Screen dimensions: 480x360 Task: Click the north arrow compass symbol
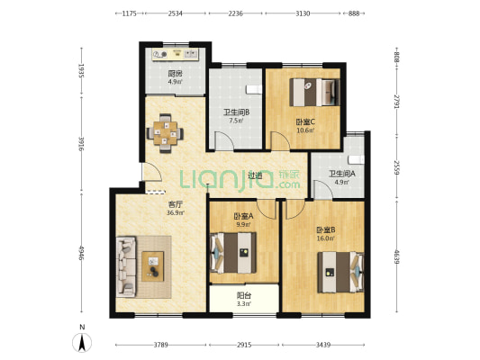point(82,342)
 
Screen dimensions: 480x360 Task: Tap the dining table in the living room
point(166,133)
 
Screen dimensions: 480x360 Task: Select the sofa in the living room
point(126,266)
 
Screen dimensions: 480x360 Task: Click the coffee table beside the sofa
point(153,266)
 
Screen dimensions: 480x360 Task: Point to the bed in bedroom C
point(315,93)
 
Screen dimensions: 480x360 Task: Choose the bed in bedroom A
point(233,253)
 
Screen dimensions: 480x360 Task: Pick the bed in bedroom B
point(340,272)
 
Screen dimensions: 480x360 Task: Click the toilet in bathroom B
point(254,89)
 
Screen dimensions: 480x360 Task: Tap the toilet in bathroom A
point(357,159)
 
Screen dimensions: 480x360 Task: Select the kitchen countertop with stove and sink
point(176,54)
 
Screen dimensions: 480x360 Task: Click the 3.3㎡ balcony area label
point(244,304)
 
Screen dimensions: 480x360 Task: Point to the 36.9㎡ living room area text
point(176,213)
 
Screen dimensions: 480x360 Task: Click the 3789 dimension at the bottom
point(160,345)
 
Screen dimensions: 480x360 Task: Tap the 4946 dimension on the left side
point(81,253)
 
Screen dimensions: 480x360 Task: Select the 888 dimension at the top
point(354,13)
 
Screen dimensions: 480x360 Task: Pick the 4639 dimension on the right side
point(397,257)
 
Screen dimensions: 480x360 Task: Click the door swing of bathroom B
point(224,140)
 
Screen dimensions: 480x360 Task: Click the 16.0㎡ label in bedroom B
point(325,238)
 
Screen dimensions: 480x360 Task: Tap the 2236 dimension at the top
point(235,13)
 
